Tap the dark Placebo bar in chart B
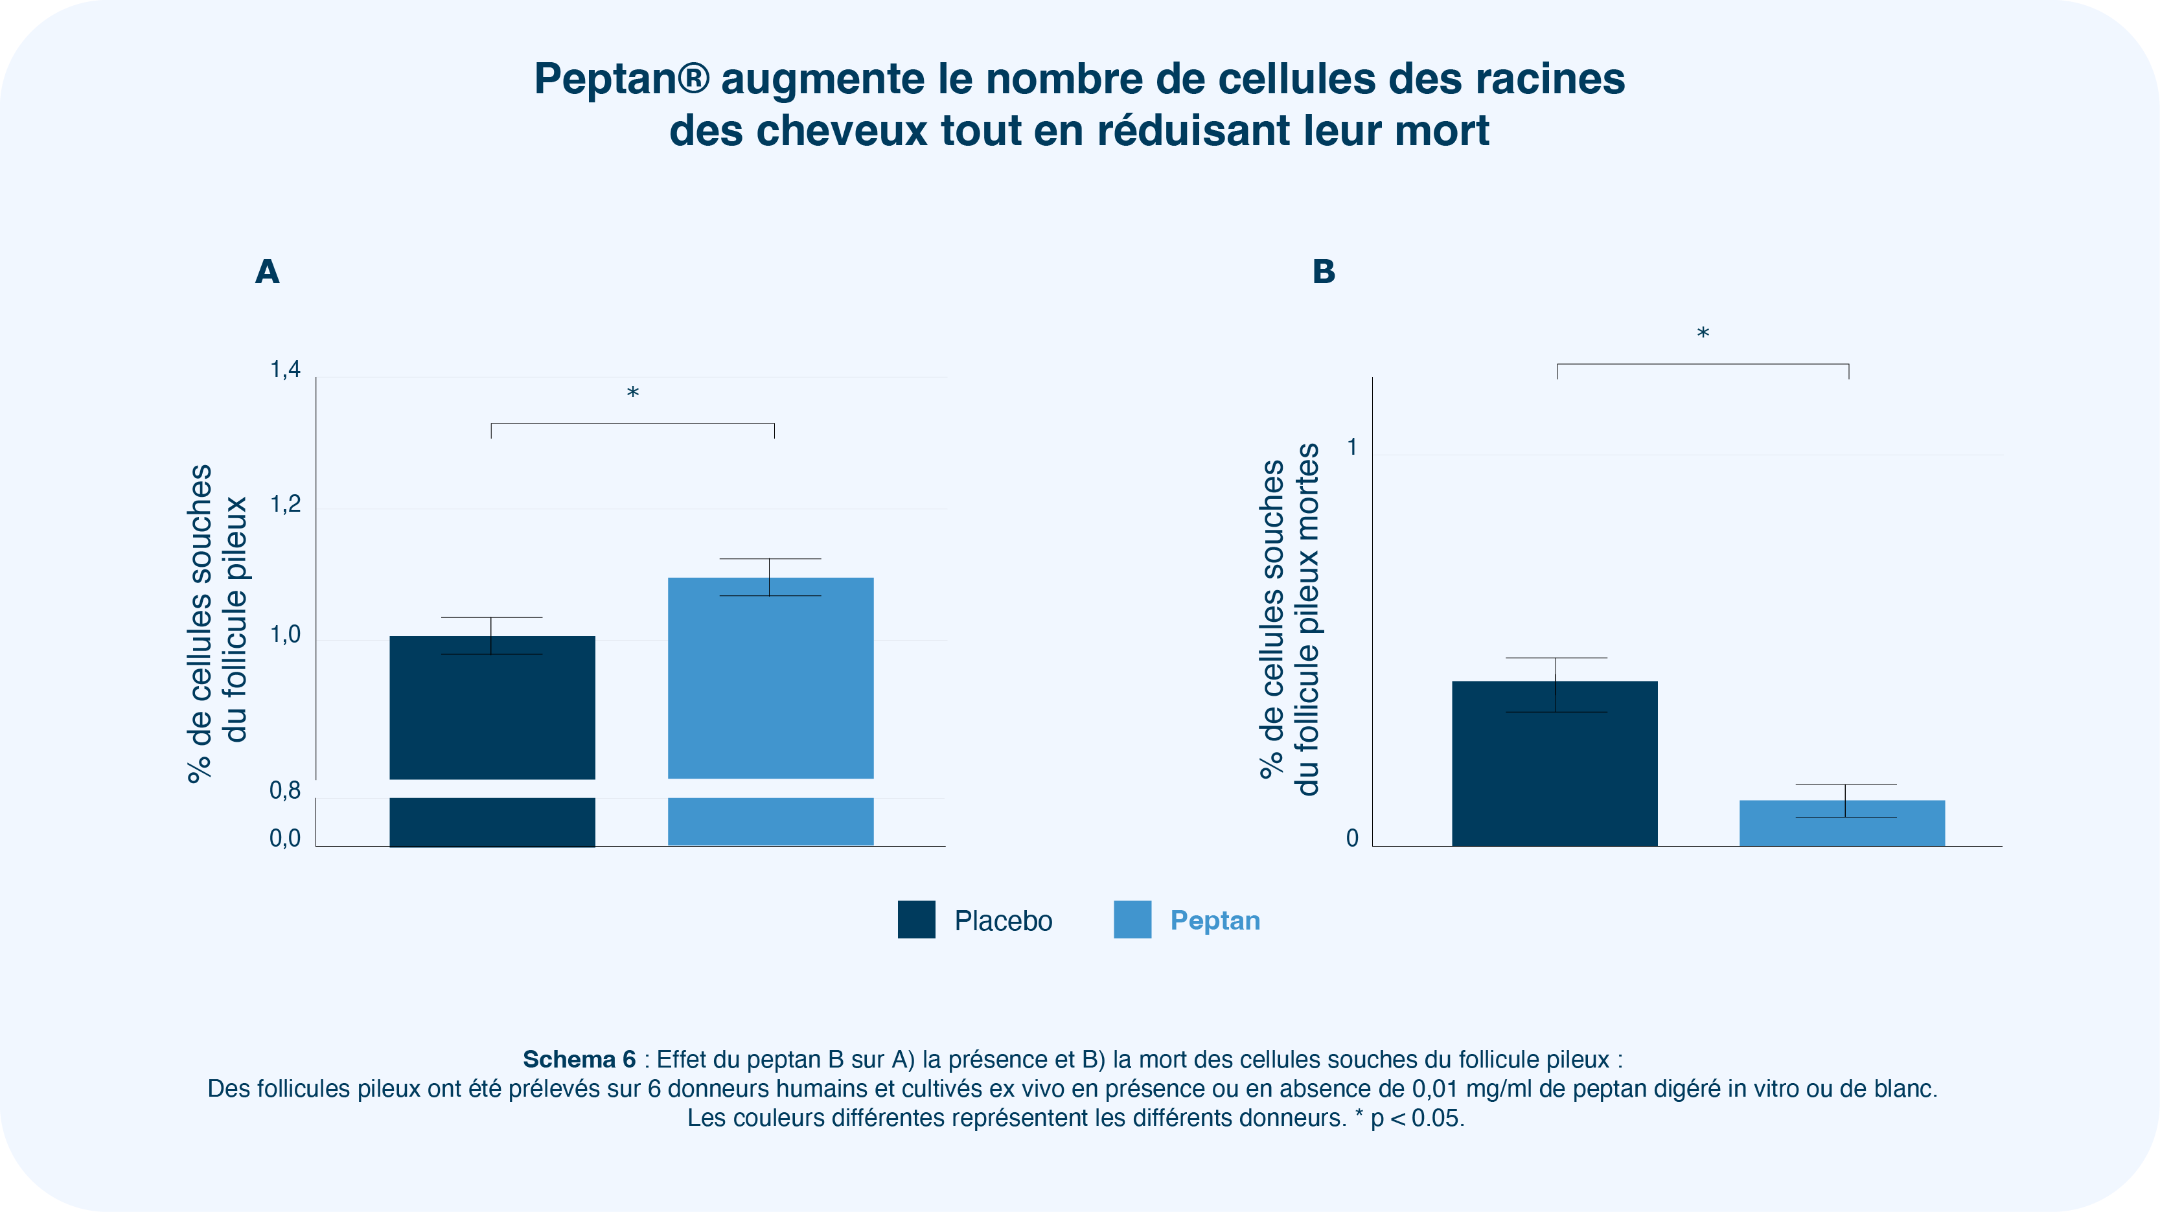[x=1555, y=762]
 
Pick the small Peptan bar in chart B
[x=1841, y=823]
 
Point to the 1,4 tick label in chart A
[x=285, y=370]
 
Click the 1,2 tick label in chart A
[x=285, y=504]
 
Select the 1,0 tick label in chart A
[x=285, y=634]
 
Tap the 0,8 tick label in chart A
[x=285, y=790]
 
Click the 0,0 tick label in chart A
[x=285, y=838]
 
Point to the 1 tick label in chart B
[x=1351, y=448]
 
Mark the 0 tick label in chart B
[x=1351, y=838]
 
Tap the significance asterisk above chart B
[x=1703, y=334]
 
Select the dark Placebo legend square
[x=917, y=919]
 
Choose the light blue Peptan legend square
[x=1132, y=919]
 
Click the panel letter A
[x=268, y=271]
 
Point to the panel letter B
[x=1323, y=271]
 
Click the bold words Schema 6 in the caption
[x=579, y=1060]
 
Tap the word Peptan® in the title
[x=621, y=80]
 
